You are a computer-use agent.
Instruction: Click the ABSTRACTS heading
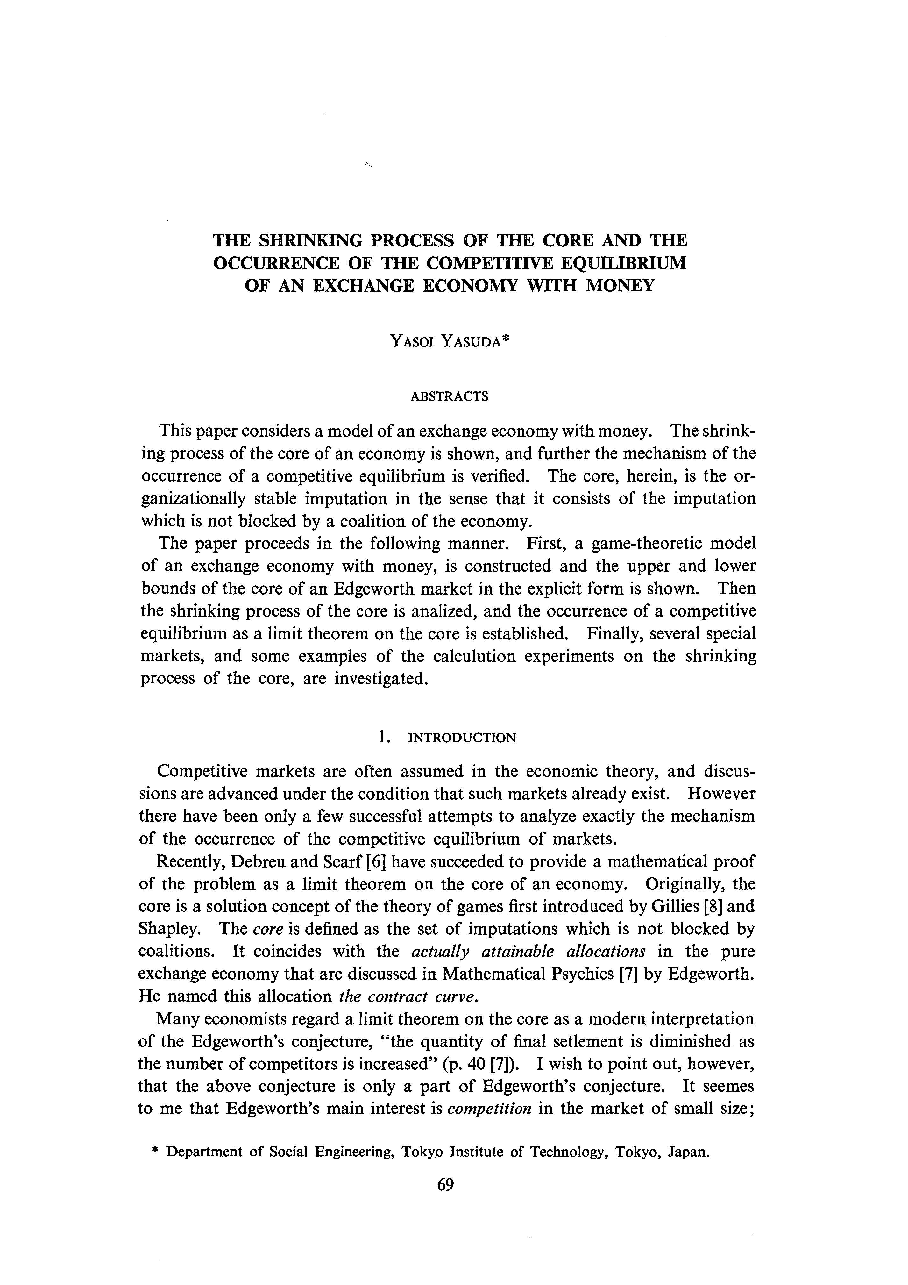click(x=449, y=397)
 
